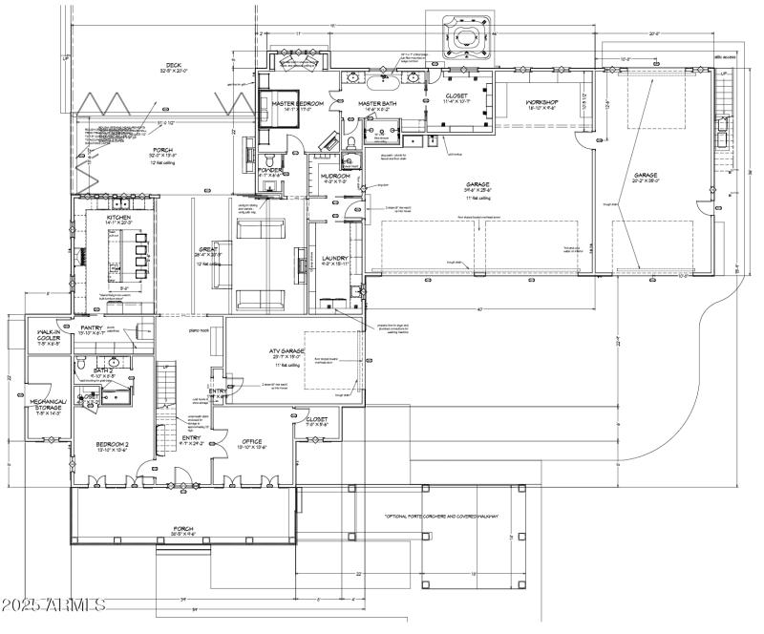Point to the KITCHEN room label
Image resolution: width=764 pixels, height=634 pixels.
pos(120,218)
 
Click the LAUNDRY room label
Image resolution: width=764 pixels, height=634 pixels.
pos(335,258)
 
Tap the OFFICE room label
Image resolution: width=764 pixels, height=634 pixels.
pos(252,441)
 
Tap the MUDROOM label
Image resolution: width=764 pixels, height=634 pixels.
pos(335,176)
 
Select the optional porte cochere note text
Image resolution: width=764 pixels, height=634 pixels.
pos(456,517)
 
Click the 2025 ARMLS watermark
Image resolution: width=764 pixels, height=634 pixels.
pos(54,605)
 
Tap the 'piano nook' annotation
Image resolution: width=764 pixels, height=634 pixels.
pos(200,330)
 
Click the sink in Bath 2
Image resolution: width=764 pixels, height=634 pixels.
pos(114,364)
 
